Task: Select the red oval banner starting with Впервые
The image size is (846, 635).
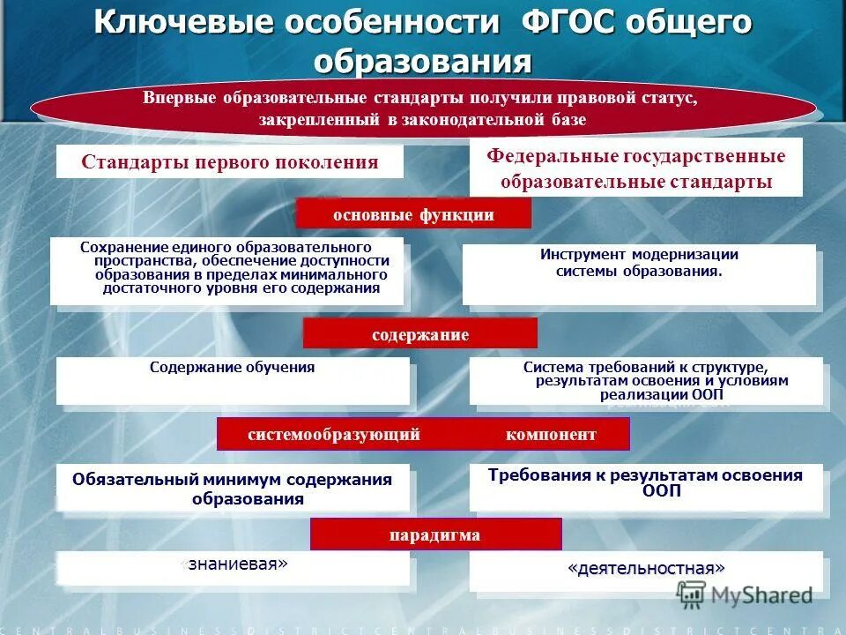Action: click(x=423, y=108)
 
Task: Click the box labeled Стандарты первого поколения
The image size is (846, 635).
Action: click(x=230, y=162)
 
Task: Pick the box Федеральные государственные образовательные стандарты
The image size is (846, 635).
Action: click(x=635, y=168)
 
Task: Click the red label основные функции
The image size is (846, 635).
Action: click(x=413, y=214)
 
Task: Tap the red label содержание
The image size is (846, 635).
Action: click(x=419, y=334)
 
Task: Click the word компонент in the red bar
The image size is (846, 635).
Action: click(x=551, y=434)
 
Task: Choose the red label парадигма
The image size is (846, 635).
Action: click(x=435, y=534)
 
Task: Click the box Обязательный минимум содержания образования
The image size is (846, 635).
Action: click(x=233, y=488)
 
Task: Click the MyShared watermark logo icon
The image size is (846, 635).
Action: click(x=692, y=595)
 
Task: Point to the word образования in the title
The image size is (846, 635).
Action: click(x=423, y=62)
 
